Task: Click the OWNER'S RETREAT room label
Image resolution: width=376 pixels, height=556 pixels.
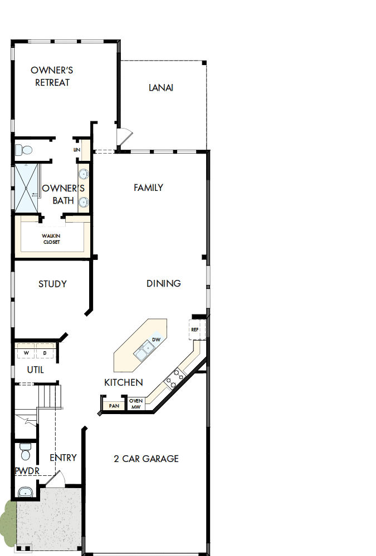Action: point(52,76)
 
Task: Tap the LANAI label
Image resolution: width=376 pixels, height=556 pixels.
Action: point(161,87)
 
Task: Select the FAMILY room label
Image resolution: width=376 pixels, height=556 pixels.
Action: point(148,188)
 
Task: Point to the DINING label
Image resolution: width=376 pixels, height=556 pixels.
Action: point(163,283)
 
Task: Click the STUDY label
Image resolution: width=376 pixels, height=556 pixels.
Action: point(52,284)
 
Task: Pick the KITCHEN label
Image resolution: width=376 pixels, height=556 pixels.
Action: point(124,382)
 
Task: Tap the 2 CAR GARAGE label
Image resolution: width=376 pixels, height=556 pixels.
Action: point(146,459)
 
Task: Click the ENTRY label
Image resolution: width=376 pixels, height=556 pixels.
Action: point(63,457)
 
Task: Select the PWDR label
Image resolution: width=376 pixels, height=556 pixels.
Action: point(27,471)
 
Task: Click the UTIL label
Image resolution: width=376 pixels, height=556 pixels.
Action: point(36,370)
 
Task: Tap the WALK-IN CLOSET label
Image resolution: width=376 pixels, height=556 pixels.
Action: point(51,239)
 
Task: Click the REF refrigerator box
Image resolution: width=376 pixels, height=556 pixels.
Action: point(195,329)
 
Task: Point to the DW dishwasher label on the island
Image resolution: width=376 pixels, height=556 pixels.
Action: point(156,339)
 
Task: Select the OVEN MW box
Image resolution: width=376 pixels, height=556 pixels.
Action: point(136,404)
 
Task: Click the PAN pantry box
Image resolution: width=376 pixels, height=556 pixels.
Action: point(114,406)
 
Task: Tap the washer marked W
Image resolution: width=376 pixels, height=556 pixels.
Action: point(26,353)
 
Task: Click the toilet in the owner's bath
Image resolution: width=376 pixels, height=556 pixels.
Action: point(23,150)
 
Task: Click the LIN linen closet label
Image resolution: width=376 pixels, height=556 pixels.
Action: point(76,150)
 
